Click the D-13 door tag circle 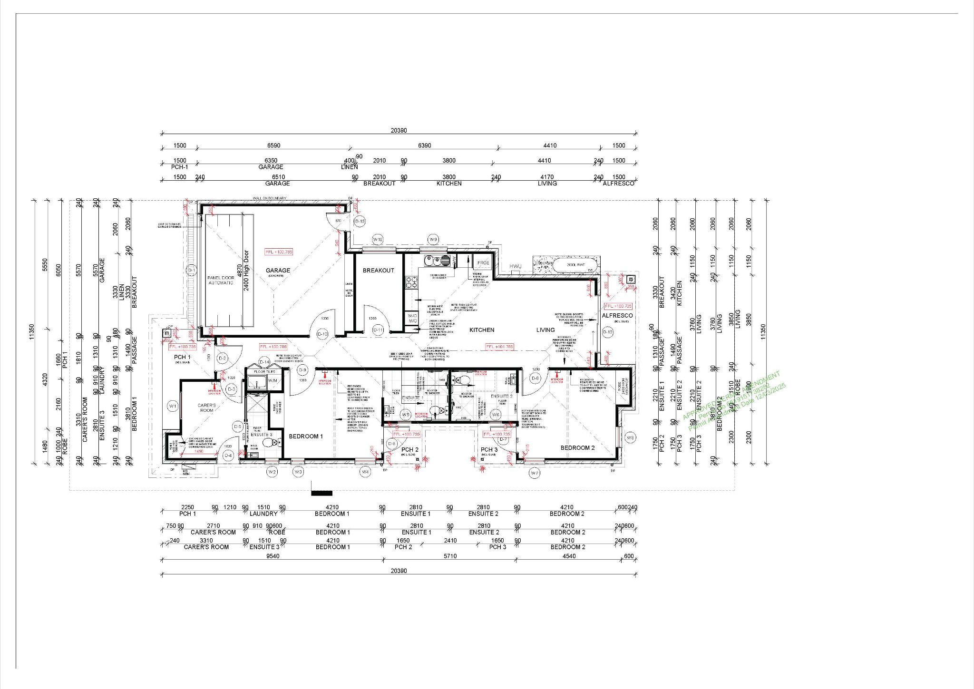pos(360,221)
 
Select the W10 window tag pos(378,240)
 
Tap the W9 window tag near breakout pos(433,240)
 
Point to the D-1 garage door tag pos(192,271)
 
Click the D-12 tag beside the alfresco pos(607,332)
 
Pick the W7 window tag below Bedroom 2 pos(535,473)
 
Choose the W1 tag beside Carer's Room pos(173,406)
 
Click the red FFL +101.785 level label pos(499,347)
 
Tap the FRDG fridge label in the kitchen pos(483,262)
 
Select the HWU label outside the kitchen pos(516,266)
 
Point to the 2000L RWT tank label pos(575,264)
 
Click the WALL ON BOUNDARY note pos(270,198)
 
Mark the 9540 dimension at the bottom pos(273,556)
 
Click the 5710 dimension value pos(450,556)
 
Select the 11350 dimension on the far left pos(32,331)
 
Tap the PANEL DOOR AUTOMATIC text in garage pos(221,280)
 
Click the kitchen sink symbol pos(437,260)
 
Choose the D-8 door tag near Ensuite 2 pos(536,378)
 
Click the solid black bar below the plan pos(321,493)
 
